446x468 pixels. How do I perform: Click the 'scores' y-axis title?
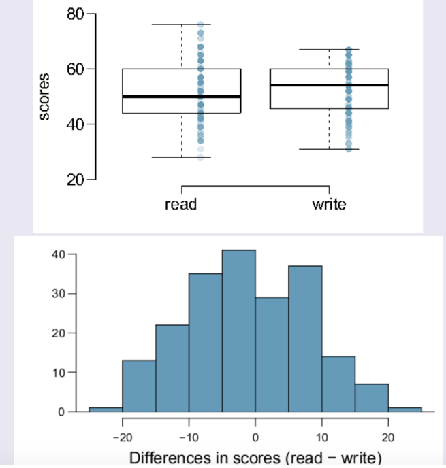tap(44, 97)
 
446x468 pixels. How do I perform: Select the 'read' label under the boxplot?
tap(181, 203)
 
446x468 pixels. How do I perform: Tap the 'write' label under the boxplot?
tap(329, 203)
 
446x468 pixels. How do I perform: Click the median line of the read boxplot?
tap(181, 97)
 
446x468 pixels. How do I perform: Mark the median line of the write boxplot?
tap(329, 85)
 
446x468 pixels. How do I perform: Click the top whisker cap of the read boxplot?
tap(181, 24)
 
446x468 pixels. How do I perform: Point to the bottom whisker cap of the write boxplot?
tap(329, 149)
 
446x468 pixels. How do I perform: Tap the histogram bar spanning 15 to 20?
tap(371, 398)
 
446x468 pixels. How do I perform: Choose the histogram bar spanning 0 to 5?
tap(272, 354)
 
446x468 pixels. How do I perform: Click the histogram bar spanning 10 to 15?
tap(338, 384)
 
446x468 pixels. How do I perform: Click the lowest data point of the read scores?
tap(201, 157)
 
